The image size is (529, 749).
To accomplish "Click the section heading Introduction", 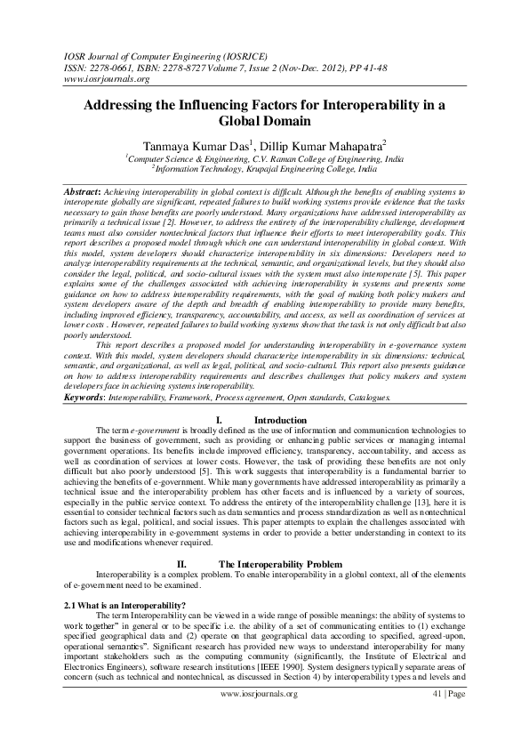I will [280, 420].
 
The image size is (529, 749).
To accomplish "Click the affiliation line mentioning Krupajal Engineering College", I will [264, 167].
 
